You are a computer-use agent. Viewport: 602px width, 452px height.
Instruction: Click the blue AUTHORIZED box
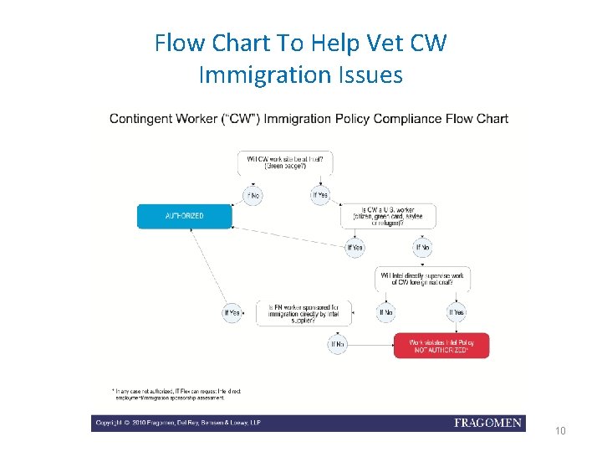184,216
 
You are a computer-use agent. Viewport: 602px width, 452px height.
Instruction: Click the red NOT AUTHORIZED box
441,346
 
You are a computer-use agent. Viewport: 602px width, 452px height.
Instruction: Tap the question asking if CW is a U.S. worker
389,216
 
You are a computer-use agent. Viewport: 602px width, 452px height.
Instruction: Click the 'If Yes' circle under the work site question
319,195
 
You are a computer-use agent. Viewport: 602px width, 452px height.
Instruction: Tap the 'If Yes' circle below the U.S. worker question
355,248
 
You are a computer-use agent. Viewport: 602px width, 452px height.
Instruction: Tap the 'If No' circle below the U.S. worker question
423,248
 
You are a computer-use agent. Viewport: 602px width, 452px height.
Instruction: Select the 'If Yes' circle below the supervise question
457,313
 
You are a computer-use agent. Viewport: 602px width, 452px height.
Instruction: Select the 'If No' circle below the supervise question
386,313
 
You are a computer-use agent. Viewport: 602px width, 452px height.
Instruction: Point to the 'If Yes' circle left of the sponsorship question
232,313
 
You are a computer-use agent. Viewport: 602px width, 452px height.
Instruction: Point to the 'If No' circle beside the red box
337,343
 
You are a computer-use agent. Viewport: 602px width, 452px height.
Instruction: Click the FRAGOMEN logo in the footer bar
487,424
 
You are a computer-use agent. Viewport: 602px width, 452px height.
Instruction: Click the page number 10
560,431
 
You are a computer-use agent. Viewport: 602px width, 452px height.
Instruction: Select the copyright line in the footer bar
178,424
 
